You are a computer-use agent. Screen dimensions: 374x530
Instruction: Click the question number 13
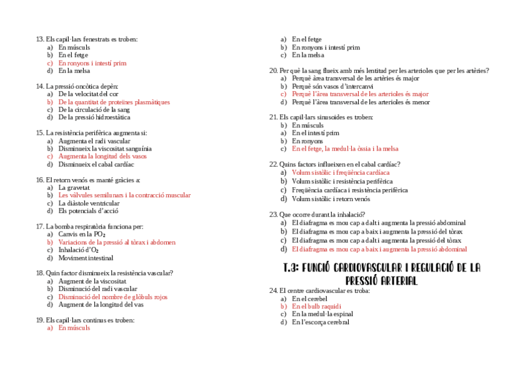click(x=40, y=39)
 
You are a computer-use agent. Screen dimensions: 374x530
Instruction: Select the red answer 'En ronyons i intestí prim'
click(x=92, y=63)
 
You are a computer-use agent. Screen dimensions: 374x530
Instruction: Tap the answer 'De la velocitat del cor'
click(x=88, y=94)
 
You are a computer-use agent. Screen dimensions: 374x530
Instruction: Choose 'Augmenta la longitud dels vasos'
click(x=102, y=157)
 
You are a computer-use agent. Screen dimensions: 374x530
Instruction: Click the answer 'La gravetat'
click(x=74, y=187)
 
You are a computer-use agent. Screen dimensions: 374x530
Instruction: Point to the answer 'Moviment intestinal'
click(x=86, y=258)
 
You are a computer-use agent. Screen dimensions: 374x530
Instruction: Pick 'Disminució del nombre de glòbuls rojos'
click(x=112, y=297)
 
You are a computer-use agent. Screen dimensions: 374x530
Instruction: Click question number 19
click(x=40, y=320)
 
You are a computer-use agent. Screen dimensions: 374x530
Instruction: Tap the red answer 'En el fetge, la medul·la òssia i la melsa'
click(x=344, y=149)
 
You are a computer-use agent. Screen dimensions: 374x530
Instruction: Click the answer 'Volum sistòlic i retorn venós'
click(x=331, y=199)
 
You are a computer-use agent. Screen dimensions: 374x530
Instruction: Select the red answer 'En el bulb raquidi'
click(x=316, y=307)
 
